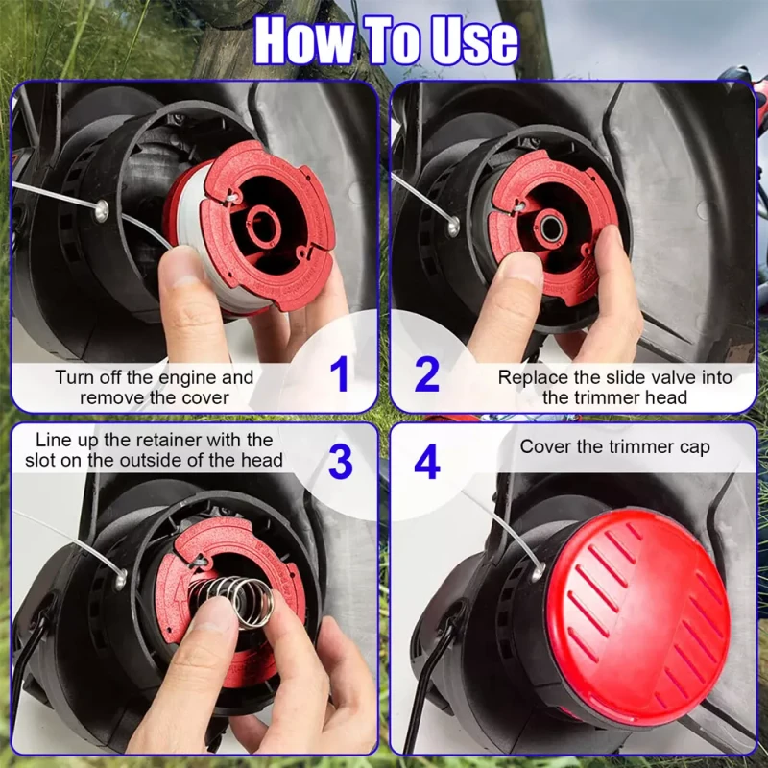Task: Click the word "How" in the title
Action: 304,40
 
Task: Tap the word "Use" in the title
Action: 473,41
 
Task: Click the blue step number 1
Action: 340,373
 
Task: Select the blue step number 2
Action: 426,374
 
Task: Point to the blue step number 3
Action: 341,462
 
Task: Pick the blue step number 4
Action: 427,462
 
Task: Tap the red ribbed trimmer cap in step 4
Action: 637,612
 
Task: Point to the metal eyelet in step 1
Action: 102,210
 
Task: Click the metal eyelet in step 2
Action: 453,226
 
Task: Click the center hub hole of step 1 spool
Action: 265,226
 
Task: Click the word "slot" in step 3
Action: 43,461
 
